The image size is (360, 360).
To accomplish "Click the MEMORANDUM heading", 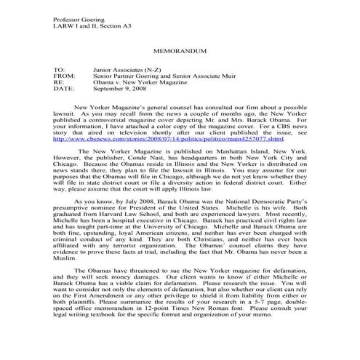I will [x=180, y=53].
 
